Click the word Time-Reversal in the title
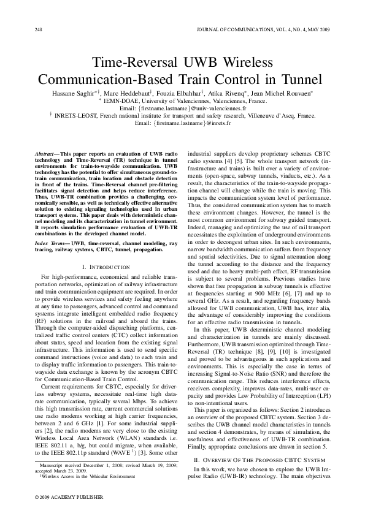tap(129, 64)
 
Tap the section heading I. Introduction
tap(105, 267)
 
